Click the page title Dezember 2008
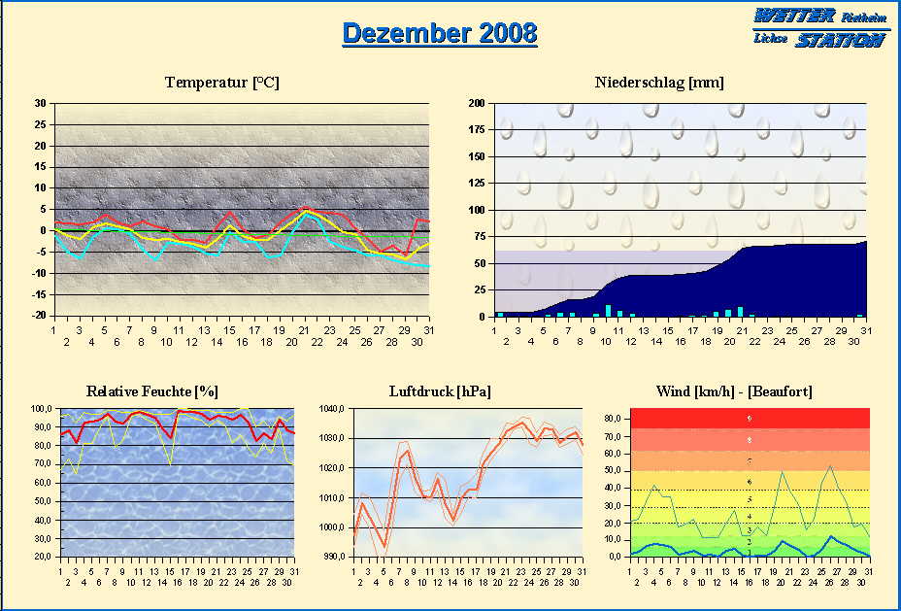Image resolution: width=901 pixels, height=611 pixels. click(x=440, y=32)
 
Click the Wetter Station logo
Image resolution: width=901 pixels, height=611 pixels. click(x=820, y=27)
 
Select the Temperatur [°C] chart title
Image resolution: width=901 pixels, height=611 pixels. click(x=222, y=83)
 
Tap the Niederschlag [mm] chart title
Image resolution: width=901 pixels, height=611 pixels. click(x=659, y=83)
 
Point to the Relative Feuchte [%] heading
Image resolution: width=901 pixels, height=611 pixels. click(x=152, y=391)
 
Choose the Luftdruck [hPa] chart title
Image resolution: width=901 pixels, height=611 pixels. click(x=440, y=391)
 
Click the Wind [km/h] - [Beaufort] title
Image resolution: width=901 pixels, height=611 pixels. click(x=734, y=391)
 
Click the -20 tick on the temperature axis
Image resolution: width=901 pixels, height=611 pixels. click(x=38, y=315)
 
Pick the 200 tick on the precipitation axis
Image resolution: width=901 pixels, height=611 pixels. click(x=476, y=103)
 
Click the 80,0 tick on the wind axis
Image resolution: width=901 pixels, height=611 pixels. click(x=614, y=418)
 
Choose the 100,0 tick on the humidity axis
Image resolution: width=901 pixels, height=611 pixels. click(x=44, y=409)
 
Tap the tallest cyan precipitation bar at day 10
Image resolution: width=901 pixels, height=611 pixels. click(x=608, y=311)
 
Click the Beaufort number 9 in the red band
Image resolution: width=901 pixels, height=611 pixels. click(x=750, y=419)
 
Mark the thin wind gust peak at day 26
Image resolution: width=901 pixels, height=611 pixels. click(x=830, y=466)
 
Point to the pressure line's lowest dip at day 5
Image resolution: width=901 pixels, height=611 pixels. click(x=385, y=546)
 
